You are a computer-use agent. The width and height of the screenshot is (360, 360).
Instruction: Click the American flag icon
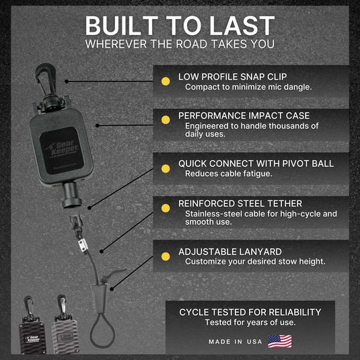280,341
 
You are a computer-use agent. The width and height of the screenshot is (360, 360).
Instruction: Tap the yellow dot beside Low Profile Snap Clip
166,81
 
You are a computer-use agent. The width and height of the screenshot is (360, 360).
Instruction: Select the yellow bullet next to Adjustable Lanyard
166,256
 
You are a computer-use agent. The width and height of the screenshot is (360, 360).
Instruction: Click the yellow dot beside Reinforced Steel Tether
166,208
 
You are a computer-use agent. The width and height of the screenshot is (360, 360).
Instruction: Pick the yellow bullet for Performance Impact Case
166,120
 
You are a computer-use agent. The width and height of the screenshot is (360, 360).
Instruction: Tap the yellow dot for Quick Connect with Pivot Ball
166,168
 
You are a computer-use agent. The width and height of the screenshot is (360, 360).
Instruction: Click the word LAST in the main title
242,26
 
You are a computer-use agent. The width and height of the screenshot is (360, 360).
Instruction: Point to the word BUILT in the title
121,26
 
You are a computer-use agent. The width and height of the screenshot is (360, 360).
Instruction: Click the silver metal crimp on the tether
83,244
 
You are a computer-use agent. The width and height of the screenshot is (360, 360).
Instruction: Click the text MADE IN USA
236,342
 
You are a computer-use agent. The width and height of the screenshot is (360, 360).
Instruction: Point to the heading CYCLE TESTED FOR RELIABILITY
250,312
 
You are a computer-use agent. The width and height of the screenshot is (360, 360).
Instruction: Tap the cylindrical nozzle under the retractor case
71,195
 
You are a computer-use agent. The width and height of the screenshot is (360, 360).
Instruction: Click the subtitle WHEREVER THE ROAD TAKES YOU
180,44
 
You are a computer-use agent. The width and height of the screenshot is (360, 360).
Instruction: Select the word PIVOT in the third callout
295,164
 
